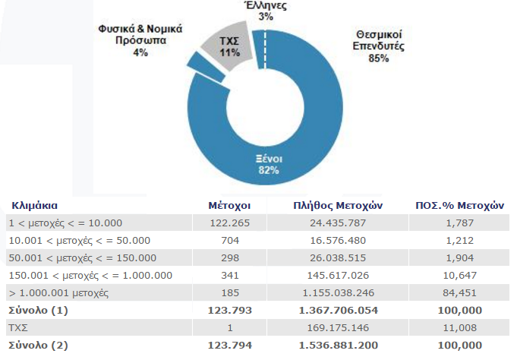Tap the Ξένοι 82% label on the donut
(269, 165)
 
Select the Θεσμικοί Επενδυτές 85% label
(379, 46)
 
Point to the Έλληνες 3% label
(266, 11)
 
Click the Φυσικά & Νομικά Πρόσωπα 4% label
(140, 40)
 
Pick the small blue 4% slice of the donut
(206, 67)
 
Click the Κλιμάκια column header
(35, 206)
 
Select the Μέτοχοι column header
(229, 206)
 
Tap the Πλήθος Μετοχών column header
(338, 206)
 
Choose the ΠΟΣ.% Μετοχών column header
(459, 206)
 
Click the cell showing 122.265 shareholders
(230, 223)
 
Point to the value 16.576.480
(338, 241)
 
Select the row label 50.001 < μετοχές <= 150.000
(83, 258)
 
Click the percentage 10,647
(459, 276)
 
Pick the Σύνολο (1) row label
(38, 311)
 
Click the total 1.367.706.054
(339, 311)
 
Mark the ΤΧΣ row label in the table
(18, 328)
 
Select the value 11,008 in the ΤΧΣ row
(459, 328)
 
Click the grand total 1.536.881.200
(339, 346)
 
